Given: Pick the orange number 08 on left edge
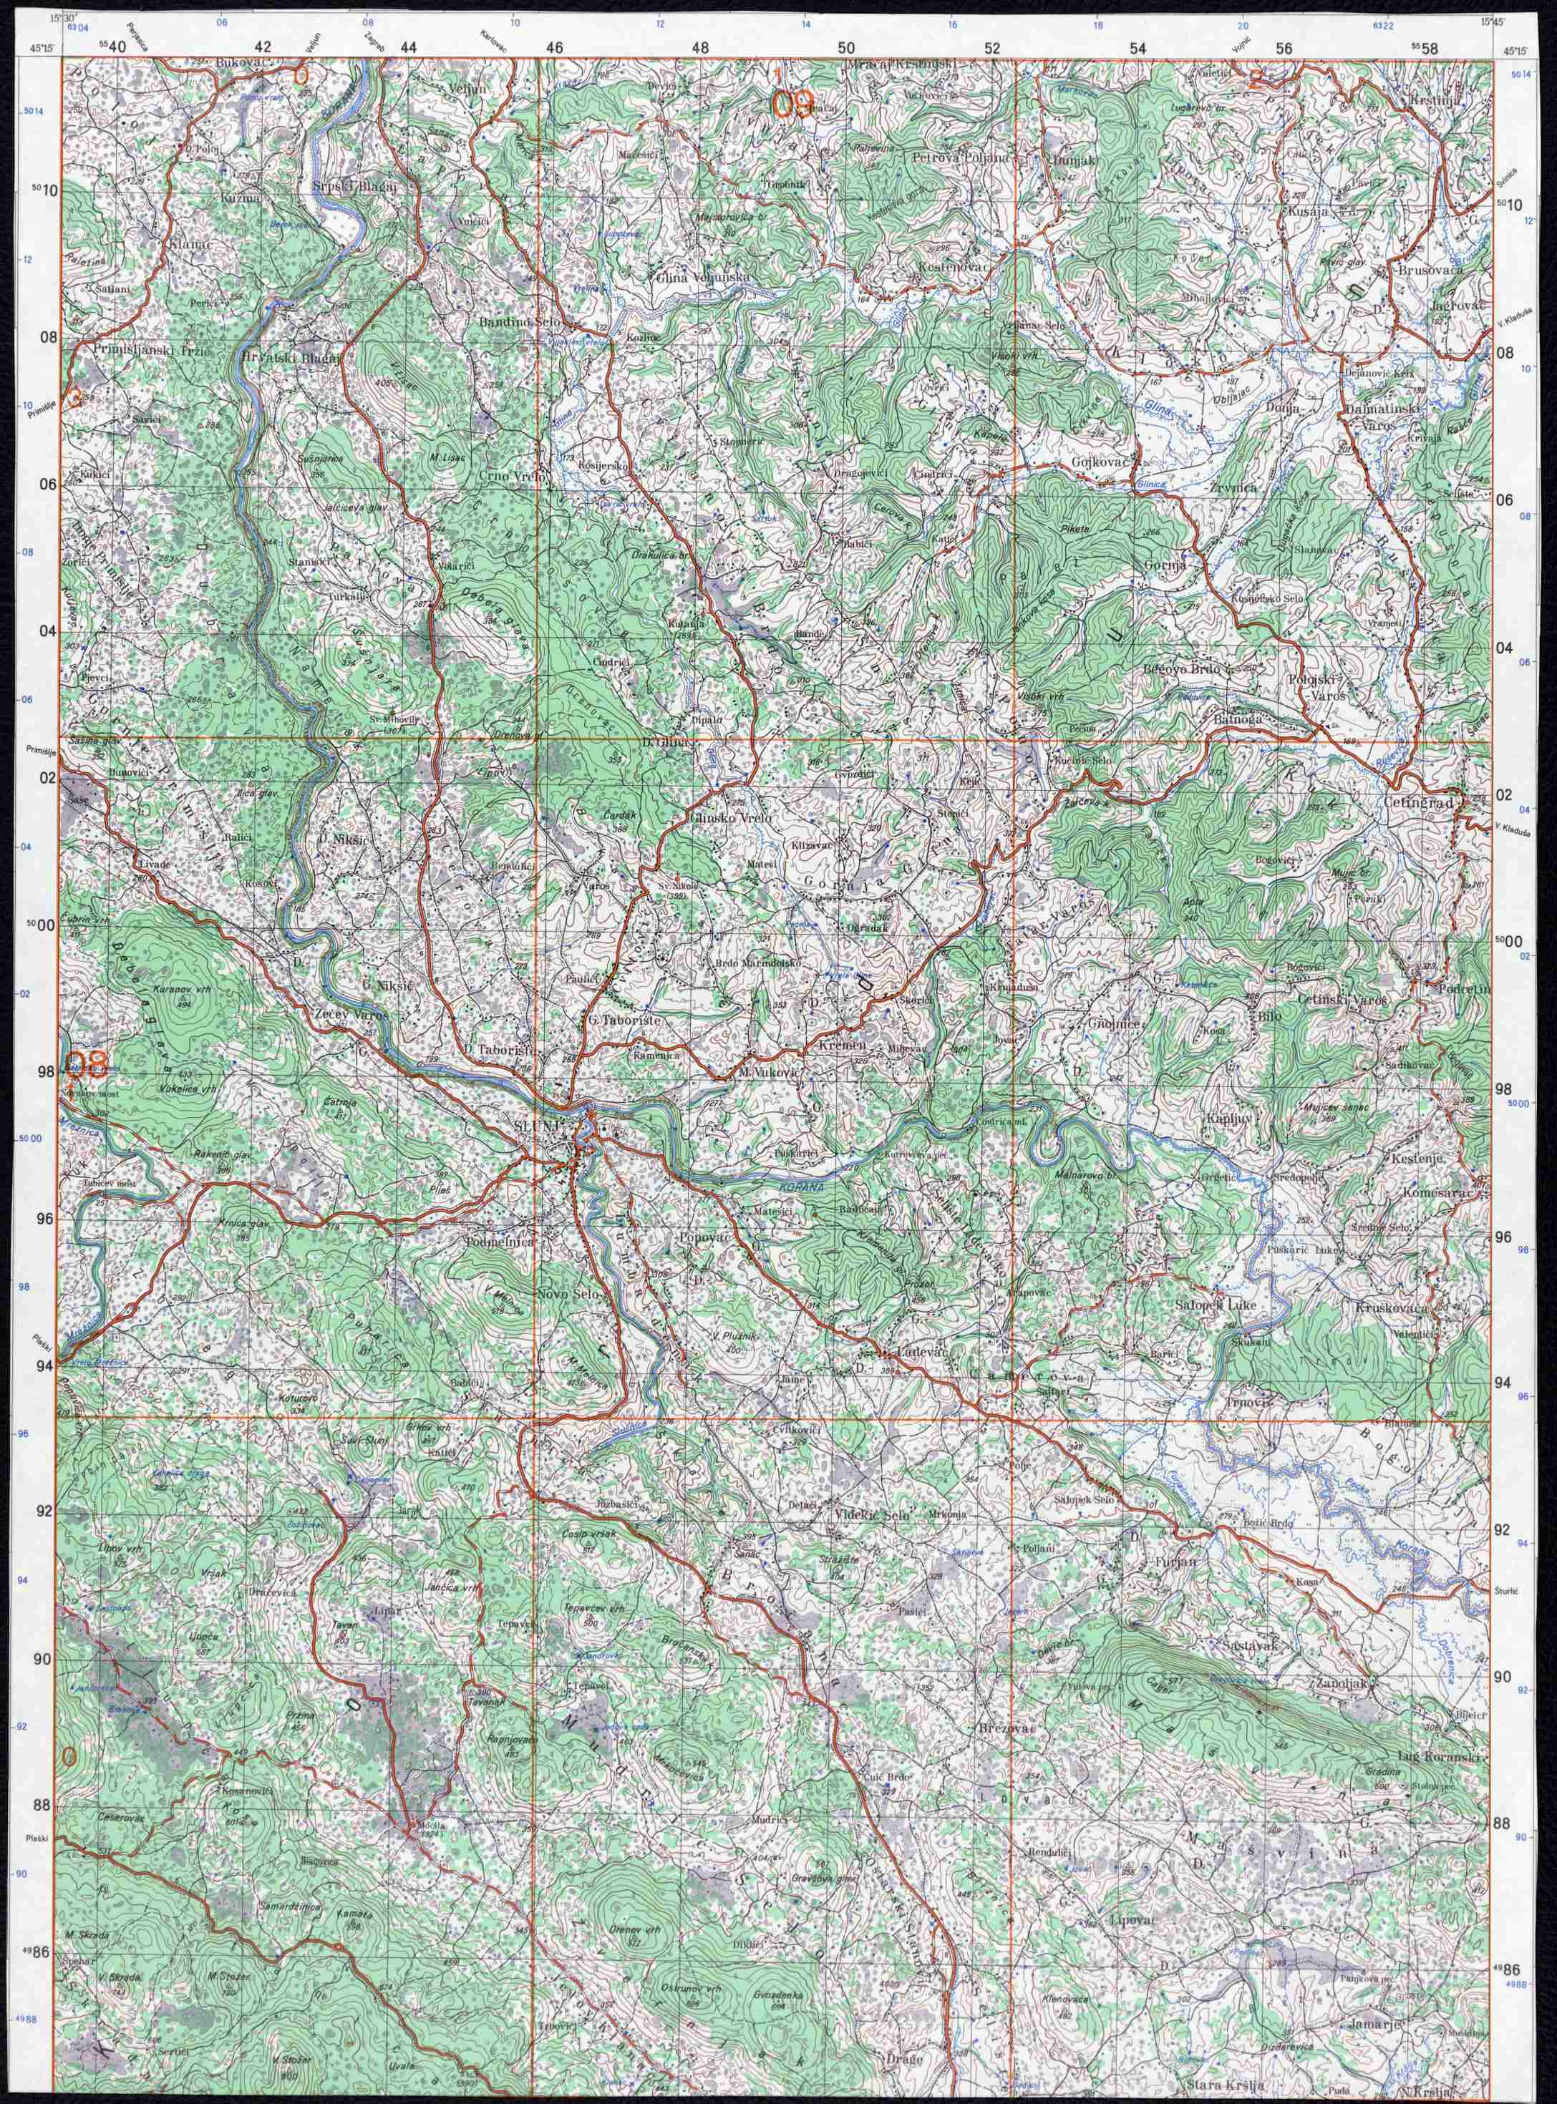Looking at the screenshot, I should point(89,1065).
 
